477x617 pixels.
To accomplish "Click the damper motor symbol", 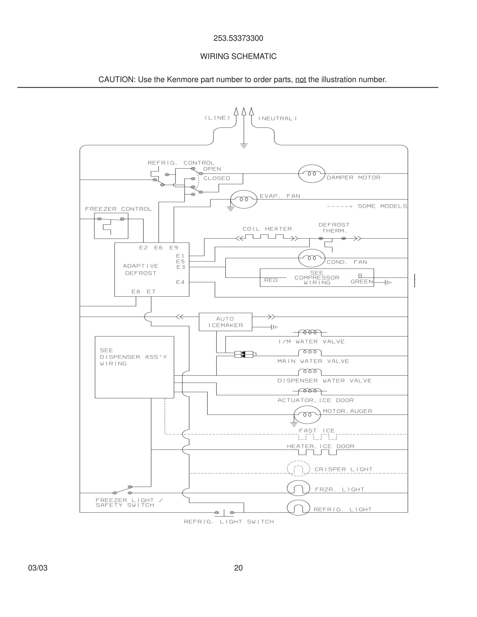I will coord(312,173).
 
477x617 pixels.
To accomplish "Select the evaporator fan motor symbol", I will coord(244,199).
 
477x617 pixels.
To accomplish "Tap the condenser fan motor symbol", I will coord(312,258).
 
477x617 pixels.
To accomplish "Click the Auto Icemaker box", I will coord(225,322).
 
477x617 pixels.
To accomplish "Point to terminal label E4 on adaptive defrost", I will coord(180,282).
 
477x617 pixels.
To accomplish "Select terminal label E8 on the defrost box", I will coord(136,292).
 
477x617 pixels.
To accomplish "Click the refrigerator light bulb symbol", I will coord(299,507).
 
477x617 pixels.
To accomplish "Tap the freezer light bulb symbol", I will coord(299,488).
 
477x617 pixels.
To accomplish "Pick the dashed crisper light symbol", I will coord(299,469).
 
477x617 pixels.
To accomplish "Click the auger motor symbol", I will coord(307,415).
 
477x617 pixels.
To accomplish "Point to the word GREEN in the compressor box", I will coord(362,282).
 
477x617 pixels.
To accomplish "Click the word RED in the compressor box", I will coord(271,280).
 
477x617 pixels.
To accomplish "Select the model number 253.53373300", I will coord(238,38).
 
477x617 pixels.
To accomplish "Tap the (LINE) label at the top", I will coord(217,118).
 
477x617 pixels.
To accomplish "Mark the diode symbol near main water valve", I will coord(243,354).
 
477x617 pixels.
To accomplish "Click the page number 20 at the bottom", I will coord(238,568).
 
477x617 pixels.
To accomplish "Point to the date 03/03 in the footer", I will coord(38,568).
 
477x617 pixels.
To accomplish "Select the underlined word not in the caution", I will coord(300,80).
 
